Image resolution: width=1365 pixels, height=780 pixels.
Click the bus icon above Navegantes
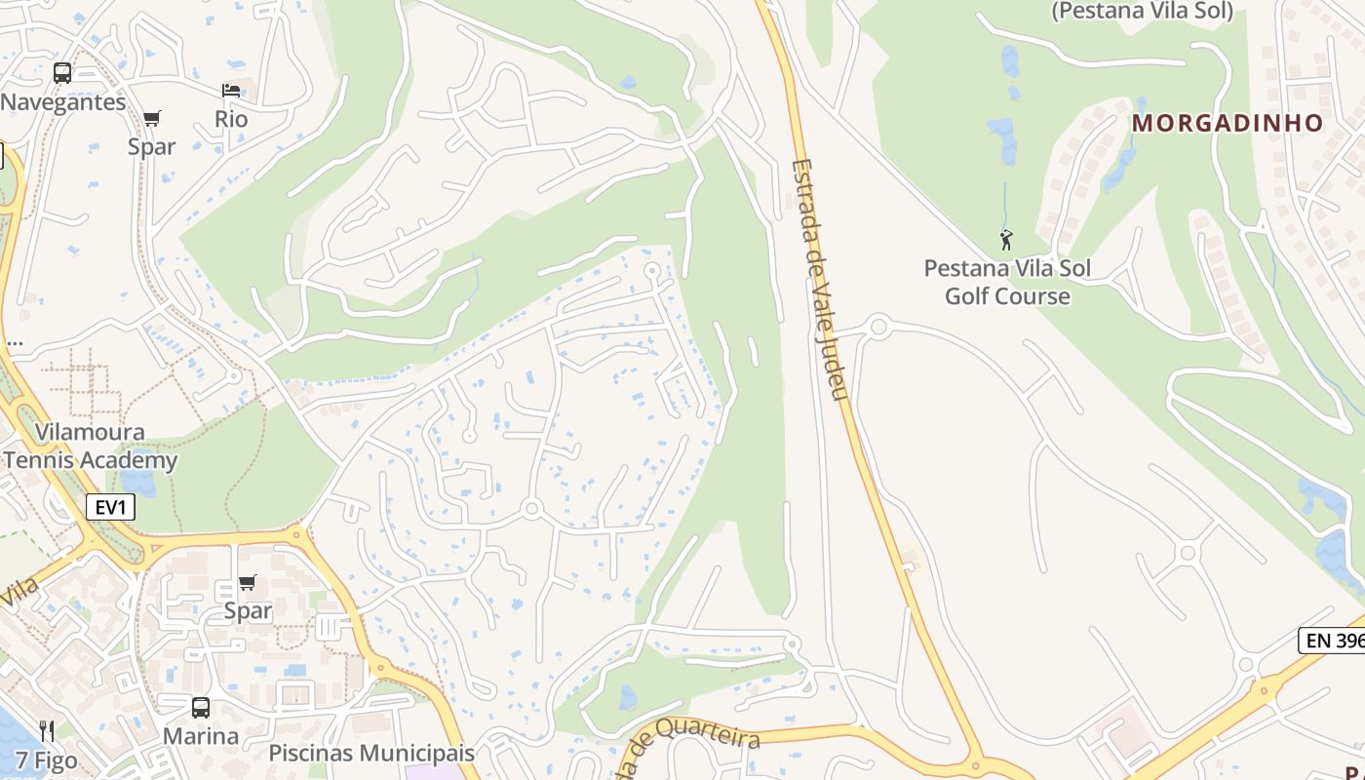pyautogui.click(x=62, y=73)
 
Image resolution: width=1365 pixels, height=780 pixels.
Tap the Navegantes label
pyautogui.click(x=63, y=102)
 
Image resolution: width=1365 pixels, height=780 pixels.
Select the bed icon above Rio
pyautogui.click(x=231, y=91)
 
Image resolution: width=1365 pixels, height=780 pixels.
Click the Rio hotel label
pyautogui.click(x=231, y=119)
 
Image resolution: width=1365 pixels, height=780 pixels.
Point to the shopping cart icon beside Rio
pyautogui.click(x=151, y=119)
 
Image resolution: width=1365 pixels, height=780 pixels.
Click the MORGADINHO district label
pyautogui.click(x=1228, y=123)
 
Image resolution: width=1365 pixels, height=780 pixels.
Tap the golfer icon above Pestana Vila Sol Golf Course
pyautogui.click(x=1006, y=239)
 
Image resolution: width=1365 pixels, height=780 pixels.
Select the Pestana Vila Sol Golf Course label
pyautogui.click(x=1007, y=282)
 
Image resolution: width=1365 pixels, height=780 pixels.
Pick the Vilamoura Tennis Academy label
pyautogui.click(x=91, y=447)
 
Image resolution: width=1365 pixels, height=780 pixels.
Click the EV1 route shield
pyautogui.click(x=109, y=507)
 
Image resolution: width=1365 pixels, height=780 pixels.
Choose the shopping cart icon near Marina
pyautogui.click(x=248, y=583)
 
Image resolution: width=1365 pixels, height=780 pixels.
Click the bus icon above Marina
pyautogui.click(x=201, y=708)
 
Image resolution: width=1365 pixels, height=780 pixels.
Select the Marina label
pyautogui.click(x=201, y=735)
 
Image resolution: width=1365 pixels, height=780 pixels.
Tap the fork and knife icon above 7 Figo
pyautogui.click(x=47, y=730)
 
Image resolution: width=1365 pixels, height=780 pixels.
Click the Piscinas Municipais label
pyautogui.click(x=371, y=753)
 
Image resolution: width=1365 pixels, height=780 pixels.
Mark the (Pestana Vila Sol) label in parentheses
pyautogui.click(x=1143, y=11)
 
